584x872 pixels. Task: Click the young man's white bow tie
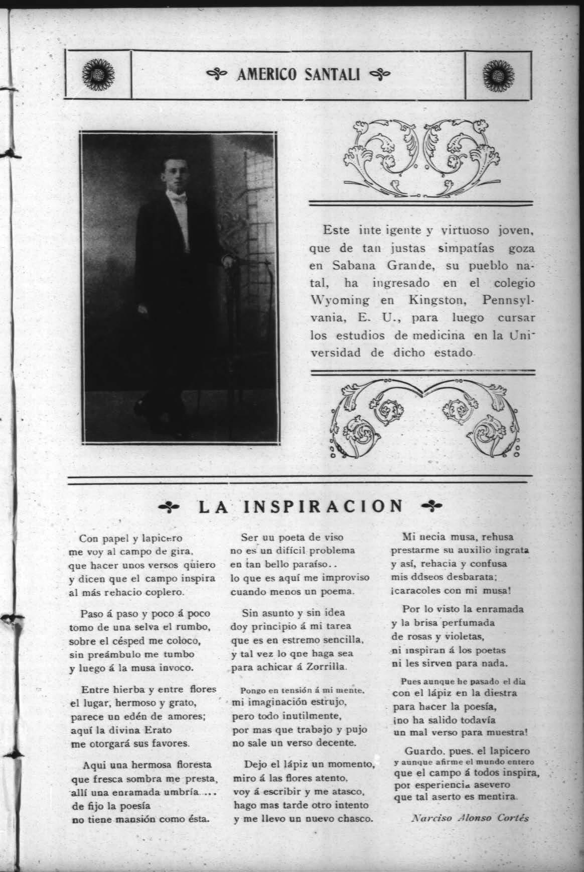point(177,200)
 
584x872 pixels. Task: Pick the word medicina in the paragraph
point(434,335)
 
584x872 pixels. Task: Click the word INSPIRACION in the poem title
point(322,506)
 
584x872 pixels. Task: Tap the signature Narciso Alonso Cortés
point(470,817)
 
